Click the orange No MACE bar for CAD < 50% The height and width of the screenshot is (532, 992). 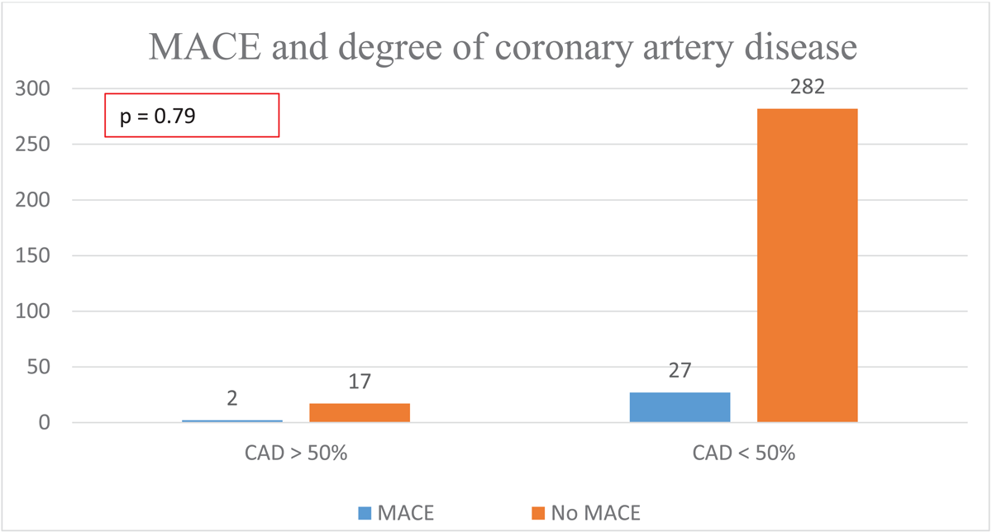tap(807, 265)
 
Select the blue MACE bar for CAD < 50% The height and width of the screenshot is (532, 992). tap(680, 407)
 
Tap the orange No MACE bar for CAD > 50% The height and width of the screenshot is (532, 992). tap(360, 413)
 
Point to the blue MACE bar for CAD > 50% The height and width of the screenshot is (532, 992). tap(232, 421)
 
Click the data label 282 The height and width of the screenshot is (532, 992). tap(807, 87)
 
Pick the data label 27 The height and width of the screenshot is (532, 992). tap(680, 371)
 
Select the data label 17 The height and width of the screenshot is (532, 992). tap(360, 382)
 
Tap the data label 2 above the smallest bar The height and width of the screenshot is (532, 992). tap(232, 399)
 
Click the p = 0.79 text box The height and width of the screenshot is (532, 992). tap(192, 115)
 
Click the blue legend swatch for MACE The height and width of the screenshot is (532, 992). tap(364, 512)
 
